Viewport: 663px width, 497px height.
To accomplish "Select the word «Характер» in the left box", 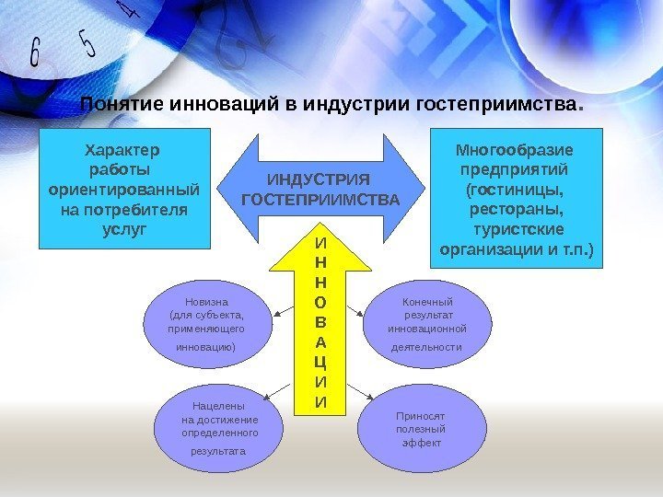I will click(x=122, y=149).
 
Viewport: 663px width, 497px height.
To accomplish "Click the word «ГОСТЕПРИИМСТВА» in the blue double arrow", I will click(x=320, y=200).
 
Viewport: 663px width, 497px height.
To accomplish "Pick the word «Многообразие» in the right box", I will click(x=516, y=149).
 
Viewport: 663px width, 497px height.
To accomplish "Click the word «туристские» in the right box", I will click(x=518, y=229).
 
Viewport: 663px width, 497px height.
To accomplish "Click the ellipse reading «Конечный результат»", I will click(x=426, y=324).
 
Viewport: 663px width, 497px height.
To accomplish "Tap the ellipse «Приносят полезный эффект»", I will click(x=421, y=429).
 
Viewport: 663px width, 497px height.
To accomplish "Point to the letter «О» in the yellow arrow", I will click(x=320, y=303).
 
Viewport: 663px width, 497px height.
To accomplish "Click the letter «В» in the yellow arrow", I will click(x=320, y=323).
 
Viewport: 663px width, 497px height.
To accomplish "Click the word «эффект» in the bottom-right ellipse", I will click(x=421, y=444).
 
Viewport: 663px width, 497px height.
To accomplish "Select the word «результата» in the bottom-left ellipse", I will click(x=219, y=452).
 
